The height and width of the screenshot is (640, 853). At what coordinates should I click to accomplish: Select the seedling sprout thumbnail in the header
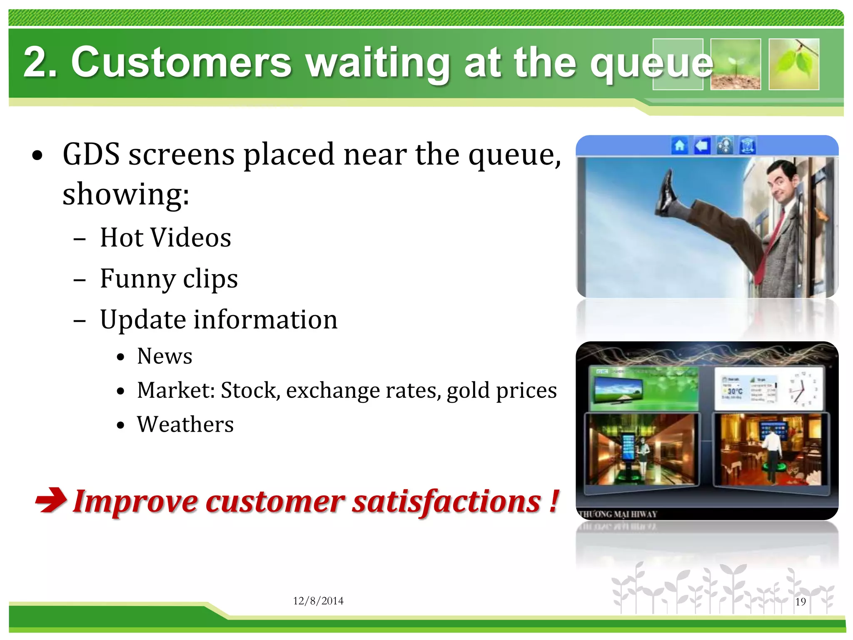click(x=736, y=64)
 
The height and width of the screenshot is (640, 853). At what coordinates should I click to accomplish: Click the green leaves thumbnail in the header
click(x=794, y=64)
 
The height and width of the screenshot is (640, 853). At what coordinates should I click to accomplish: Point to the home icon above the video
click(x=679, y=146)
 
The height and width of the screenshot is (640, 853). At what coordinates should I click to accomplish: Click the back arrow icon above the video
click(x=702, y=146)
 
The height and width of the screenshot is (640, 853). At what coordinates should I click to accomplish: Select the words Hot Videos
click(x=165, y=237)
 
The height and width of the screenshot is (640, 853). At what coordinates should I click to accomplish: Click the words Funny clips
click(x=169, y=278)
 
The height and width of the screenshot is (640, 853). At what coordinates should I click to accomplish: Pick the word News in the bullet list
click(x=165, y=356)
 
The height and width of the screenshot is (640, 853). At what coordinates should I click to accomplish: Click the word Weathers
click(x=185, y=425)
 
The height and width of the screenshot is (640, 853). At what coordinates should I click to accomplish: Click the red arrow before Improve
click(x=51, y=500)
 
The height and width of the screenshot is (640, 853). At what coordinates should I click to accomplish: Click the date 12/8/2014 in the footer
click(x=318, y=601)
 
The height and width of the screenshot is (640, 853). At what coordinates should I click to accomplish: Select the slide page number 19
click(x=800, y=602)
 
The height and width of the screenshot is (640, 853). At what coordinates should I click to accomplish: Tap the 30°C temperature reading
click(x=735, y=391)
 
